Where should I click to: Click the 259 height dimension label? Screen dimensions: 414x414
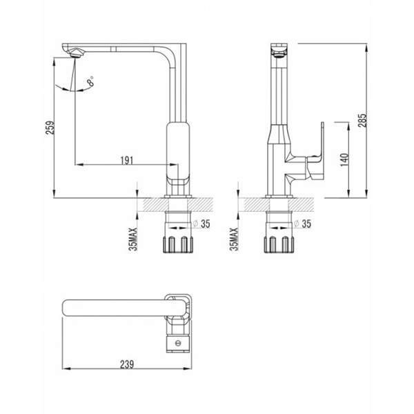(50, 128)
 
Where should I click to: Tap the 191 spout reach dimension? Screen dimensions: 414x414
(127, 161)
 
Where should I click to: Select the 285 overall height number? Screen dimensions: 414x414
(362, 120)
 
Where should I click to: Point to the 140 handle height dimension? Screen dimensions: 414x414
(344, 160)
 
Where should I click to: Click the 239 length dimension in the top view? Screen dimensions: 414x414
(127, 364)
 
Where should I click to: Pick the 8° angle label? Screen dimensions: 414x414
(91, 81)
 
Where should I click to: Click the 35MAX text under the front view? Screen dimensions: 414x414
(134, 239)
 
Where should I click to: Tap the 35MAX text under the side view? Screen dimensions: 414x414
(234, 239)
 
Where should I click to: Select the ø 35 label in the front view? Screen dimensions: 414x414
(201, 224)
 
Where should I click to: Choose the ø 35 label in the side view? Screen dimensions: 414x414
(303, 224)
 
